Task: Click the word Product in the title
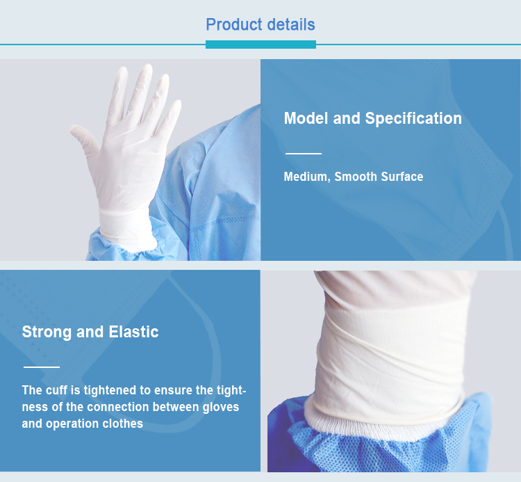click(234, 24)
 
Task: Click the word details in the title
click(291, 24)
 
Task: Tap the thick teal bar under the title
click(260, 45)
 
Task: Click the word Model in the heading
click(306, 118)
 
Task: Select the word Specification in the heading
click(413, 118)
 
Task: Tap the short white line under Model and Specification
click(304, 153)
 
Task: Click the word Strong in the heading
click(47, 332)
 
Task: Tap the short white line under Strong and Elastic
click(42, 367)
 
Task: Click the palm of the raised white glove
click(128, 160)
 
